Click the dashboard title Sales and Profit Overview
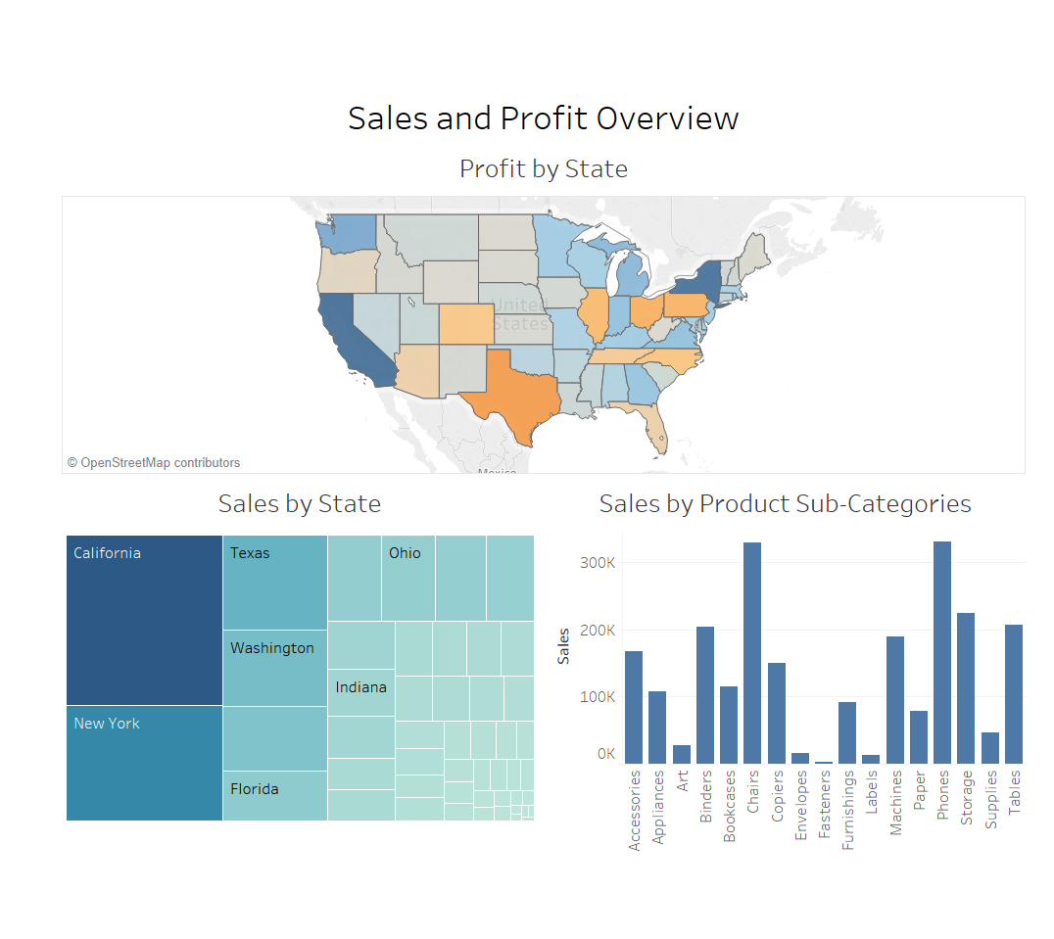coord(543,118)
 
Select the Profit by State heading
coord(543,169)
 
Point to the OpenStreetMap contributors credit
coord(154,463)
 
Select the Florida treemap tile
coord(274,795)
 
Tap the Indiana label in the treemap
coord(360,687)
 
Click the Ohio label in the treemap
coord(405,553)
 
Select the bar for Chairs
coord(752,653)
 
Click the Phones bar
coord(942,652)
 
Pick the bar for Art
coord(682,754)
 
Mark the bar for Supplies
coord(990,747)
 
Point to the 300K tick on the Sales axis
coord(598,563)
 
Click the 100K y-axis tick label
coord(598,697)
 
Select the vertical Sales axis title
coord(564,647)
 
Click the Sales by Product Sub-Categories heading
coord(785,504)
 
